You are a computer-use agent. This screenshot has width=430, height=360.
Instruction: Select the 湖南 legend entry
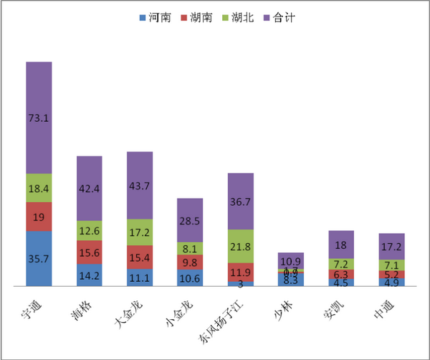coord(201,16)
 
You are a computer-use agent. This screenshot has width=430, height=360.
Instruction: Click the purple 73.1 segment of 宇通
coord(39,118)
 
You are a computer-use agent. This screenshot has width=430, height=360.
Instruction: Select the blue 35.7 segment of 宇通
coord(39,259)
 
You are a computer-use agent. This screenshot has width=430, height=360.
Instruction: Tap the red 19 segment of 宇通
coord(39,217)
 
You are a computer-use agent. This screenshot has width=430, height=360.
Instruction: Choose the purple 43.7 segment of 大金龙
coord(140,185)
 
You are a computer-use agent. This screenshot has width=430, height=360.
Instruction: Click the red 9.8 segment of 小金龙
coord(190,262)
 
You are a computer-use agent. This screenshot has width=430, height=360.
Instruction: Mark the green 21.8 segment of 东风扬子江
coord(241,246)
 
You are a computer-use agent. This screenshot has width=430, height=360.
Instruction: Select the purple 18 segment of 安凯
coord(341,245)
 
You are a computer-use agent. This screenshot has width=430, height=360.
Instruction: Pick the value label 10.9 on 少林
coord(291,261)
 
